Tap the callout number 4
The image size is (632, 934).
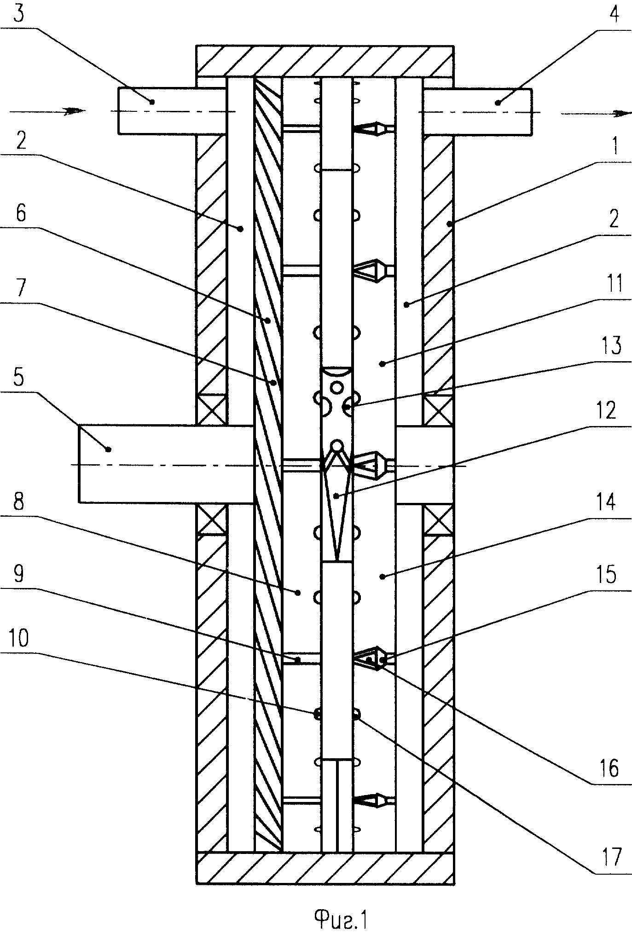coord(614,17)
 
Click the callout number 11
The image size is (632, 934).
coord(612,283)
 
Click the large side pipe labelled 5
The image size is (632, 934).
coord(166,464)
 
